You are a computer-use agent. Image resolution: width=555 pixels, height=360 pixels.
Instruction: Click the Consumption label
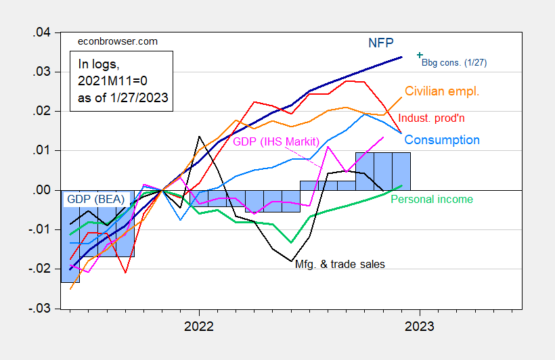(x=441, y=140)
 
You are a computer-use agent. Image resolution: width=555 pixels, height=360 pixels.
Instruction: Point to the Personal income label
(x=432, y=199)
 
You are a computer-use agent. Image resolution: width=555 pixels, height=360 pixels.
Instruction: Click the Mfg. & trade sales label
(x=340, y=264)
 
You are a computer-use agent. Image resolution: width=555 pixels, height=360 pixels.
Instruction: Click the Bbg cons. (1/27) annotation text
(x=454, y=62)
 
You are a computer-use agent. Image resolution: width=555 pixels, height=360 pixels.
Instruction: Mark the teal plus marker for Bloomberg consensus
(x=420, y=55)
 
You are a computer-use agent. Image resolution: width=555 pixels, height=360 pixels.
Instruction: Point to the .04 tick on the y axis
(x=43, y=32)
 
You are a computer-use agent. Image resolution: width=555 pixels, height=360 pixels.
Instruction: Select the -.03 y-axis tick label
(x=41, y=308)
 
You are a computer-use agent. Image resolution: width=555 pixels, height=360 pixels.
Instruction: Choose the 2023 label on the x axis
(x=420, y=326)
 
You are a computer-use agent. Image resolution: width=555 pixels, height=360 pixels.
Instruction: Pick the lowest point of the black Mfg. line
(x=291, y=261)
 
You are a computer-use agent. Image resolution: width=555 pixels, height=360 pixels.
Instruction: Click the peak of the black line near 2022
(x=199, y=137)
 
